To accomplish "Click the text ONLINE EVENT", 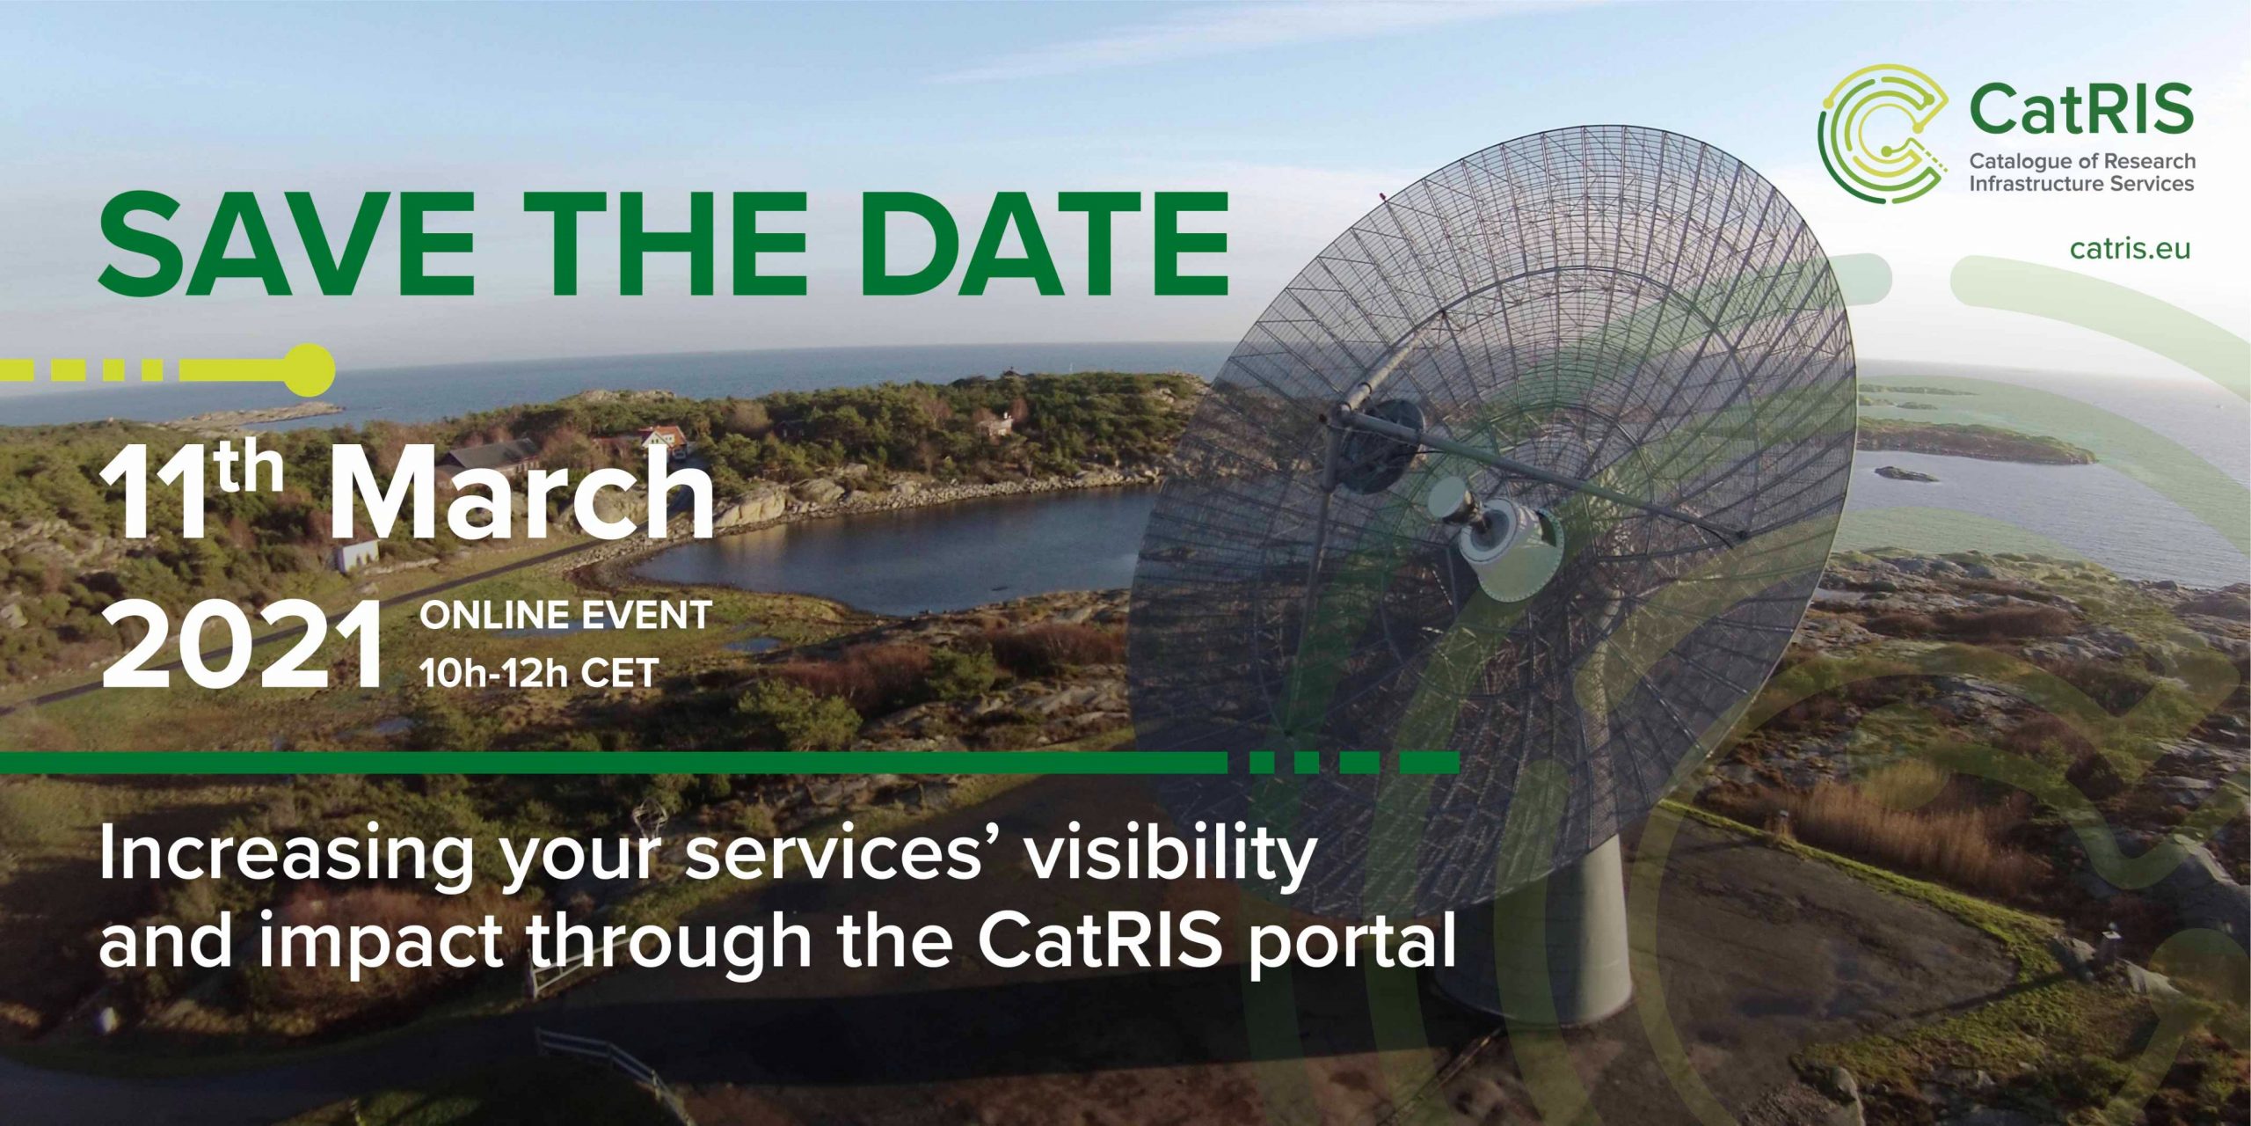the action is tap(565, 615).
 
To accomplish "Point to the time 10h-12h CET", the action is tap(539, 673).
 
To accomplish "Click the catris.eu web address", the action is tap(2130, 248).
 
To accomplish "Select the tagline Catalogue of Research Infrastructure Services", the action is tap(2081, 172).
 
